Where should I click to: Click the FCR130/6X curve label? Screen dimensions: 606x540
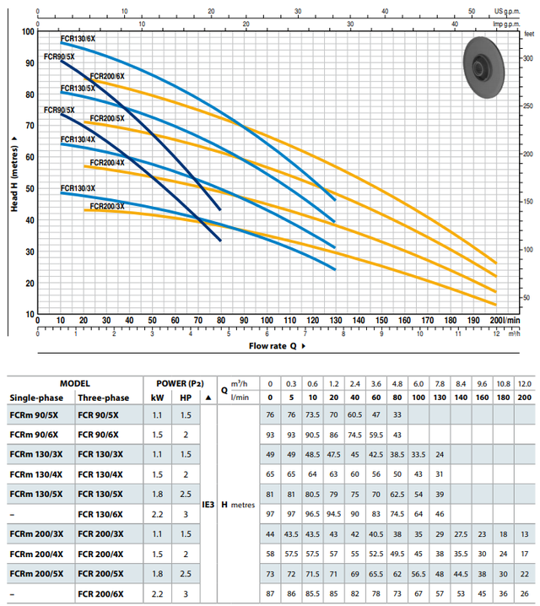coord(78,39)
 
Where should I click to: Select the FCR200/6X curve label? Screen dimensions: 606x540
coord(107,76)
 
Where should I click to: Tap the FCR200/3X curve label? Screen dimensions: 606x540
coord(107,207)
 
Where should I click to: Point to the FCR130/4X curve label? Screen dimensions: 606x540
coord(78,138)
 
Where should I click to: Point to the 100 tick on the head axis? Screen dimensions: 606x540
coord(28,31)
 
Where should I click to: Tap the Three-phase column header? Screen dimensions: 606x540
coord(104,397)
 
